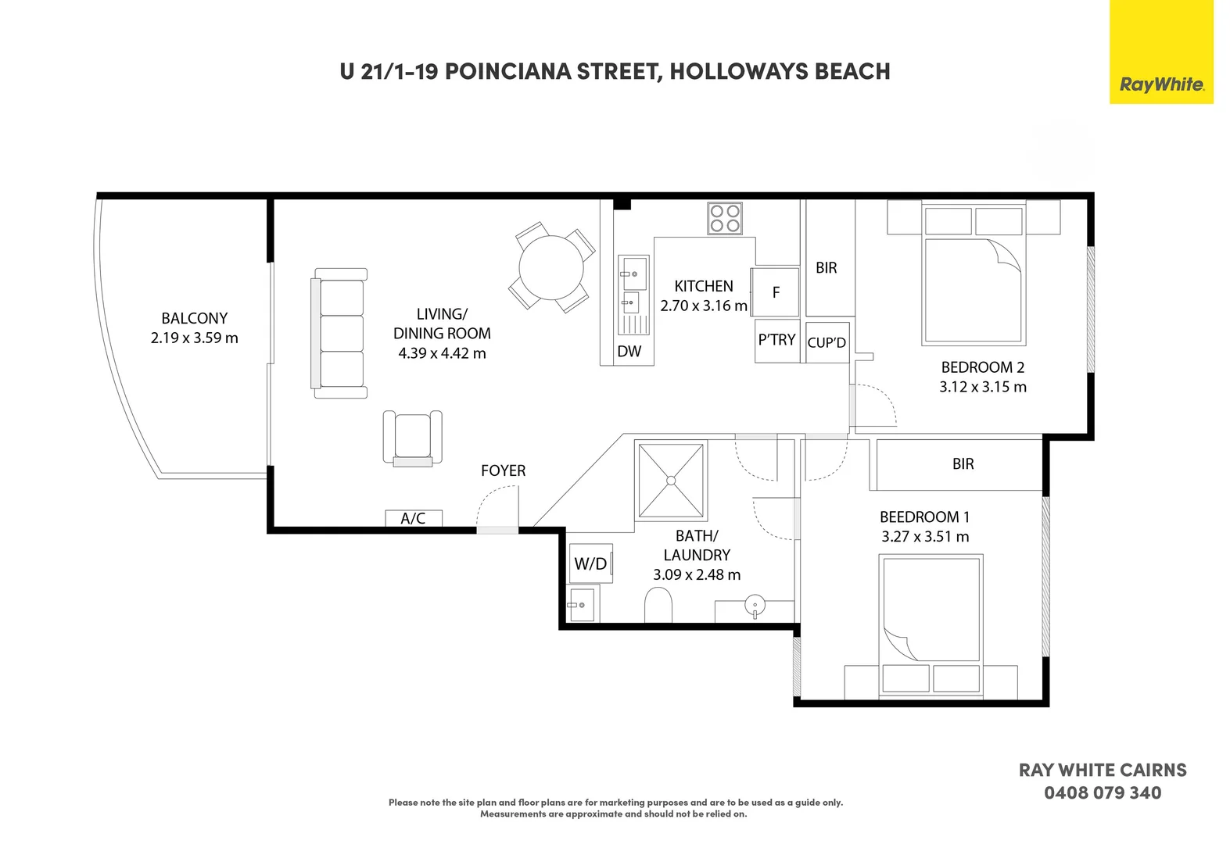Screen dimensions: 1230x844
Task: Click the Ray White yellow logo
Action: coord(1161,52)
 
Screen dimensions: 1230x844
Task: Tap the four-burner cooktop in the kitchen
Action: coord(725,218)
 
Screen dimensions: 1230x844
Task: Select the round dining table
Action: coord(550,268)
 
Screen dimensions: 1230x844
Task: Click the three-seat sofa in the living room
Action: coord(339,333)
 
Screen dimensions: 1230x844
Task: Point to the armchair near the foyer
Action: coord(412,438)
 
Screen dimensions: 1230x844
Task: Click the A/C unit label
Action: coord(413,518)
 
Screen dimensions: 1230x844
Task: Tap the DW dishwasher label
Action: coord(629,351)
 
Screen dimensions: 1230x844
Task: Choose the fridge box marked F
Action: coord(775,292)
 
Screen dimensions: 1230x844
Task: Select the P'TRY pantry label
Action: coord(776,340)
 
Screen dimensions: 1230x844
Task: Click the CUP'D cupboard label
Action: coord(827,342)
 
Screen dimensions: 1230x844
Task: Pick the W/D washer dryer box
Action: coord(591,563)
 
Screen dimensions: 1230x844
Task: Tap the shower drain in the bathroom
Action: coord(670,481)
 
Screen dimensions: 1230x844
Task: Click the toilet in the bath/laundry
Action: coord(658,605)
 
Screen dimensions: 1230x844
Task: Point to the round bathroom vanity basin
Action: coord(755,605)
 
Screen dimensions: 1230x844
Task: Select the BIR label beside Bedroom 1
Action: coord(963,463)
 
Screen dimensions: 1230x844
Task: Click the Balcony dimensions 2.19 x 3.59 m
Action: coord(195,338)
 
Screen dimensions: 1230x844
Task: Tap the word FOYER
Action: coord(503,470)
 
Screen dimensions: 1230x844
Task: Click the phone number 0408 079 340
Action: coord(1103,793)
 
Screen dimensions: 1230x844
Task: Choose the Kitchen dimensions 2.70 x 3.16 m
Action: coord(704,306)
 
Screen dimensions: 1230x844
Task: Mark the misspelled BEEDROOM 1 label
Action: coord(925,517)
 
